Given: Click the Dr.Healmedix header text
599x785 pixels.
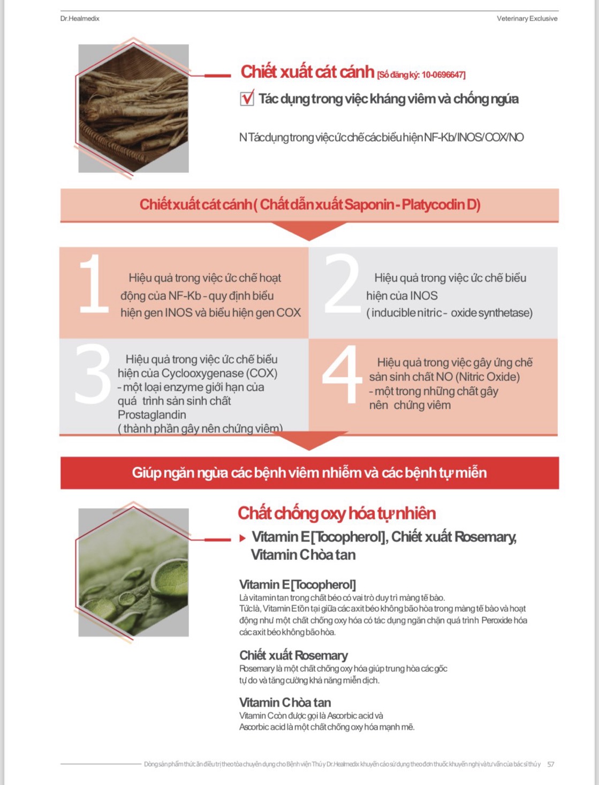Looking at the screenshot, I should pyautogui.click(x=80, y=18).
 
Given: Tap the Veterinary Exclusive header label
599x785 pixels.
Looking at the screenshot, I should pyautogui.click(x=527, y=18).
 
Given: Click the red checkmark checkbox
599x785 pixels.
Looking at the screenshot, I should pyautogui.click(x=247, y=99).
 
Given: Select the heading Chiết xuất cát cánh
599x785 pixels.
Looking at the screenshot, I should pyautogui.click(x=307, y=72).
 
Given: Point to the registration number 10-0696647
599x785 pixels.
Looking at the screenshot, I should pyautogui.click(x=443, y=75).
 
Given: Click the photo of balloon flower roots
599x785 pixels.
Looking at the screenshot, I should pyautogui.click(x=133, y=108).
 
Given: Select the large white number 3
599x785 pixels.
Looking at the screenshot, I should pyautogui.click(x=93, y=373).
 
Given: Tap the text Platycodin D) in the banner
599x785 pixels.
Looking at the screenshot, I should pyautogui.click(x=441, y=205).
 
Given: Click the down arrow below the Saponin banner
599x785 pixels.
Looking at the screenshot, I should pyautogui.click(x=309, y=231).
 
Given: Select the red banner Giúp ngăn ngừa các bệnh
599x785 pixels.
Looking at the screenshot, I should pyautogui.click(x=309, y=473).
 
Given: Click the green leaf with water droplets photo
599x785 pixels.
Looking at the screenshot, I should pyautogui.click(x=133, y=572).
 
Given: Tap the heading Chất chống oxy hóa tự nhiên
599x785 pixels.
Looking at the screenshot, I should pyautogui.click(x=337, y=513).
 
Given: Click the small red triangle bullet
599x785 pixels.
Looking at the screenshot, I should pyautogui.click(x=242, y=538).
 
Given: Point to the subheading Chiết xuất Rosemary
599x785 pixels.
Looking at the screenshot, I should pyautogui.click(x=293, y=655).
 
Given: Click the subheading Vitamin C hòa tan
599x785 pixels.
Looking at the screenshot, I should pyautogui.click(x=285, y=702).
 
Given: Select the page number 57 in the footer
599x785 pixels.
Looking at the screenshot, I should pyautogui.click(x=551, y=764).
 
